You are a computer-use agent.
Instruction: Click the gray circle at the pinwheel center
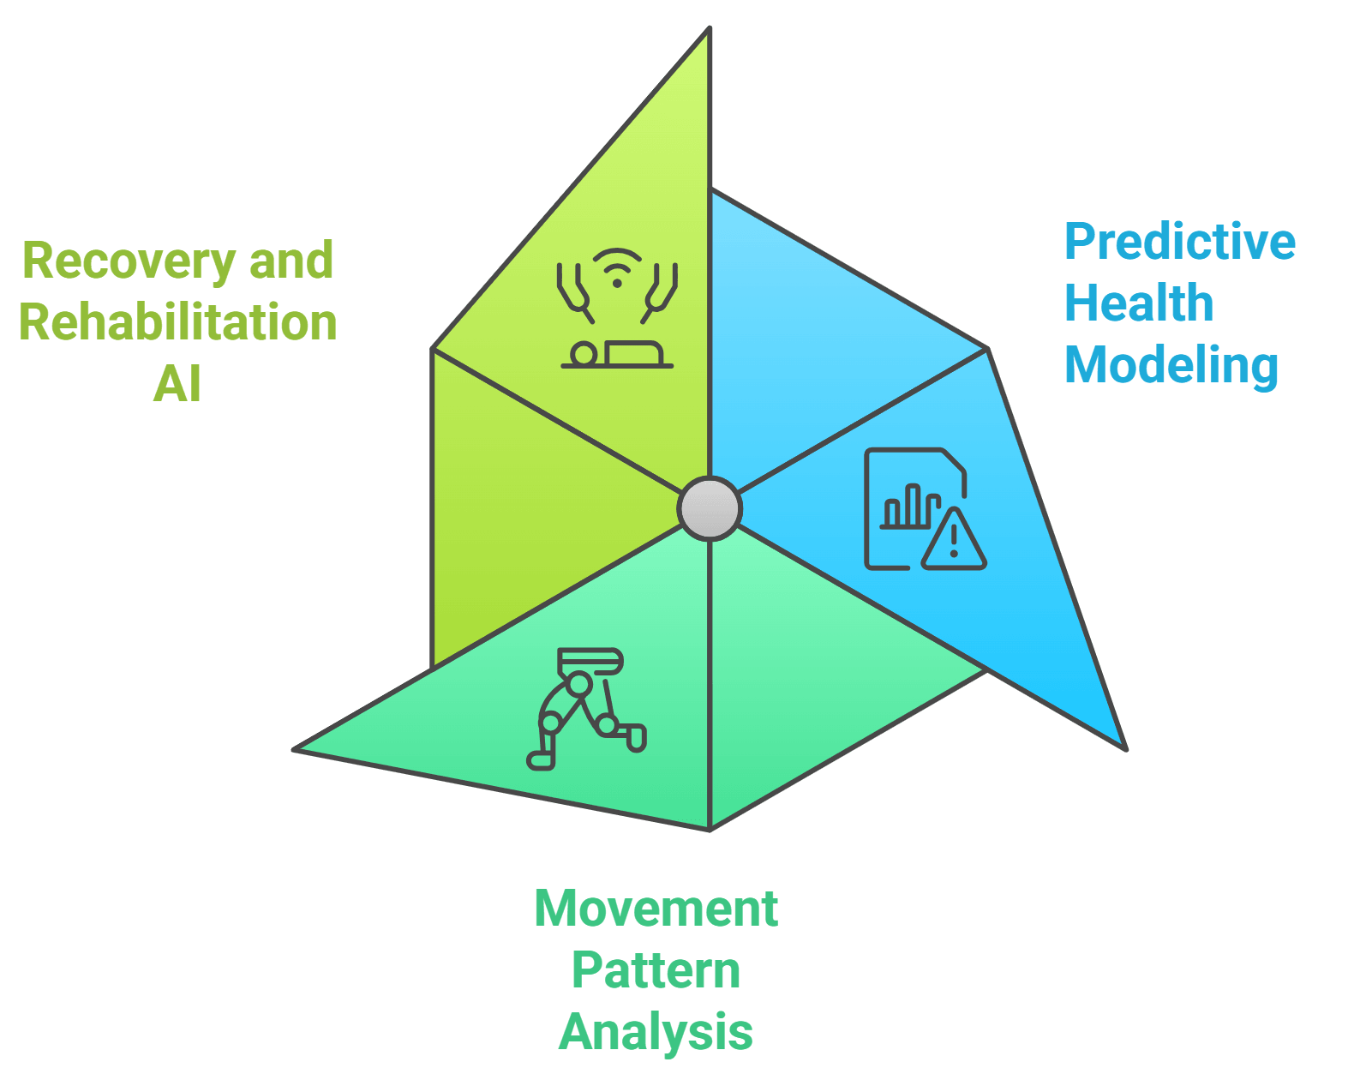click(x=710, y=508)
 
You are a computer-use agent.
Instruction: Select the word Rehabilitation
click(x=178, y=322)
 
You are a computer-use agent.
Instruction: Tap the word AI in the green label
click(x=177, y=384)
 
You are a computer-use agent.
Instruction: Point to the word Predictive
click(x=1180, y=242)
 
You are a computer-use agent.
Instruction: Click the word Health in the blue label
click(x=1139, y=303)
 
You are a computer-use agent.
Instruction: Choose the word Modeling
click(x=1171, y=365)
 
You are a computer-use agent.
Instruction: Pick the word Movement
click(x=656, y=909)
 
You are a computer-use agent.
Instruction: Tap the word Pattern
click(x=656, y=970)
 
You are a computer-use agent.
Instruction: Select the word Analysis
click(x=656, y=1032)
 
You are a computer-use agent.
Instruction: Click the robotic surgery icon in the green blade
click(x=617, y=309)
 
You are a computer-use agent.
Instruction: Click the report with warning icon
click(x=924, y=509)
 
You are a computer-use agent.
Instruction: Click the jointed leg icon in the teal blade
click(x=586, y=708)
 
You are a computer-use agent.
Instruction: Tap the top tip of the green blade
click(x=709, y=31)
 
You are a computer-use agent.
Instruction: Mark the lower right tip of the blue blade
click(x=1123, y=747)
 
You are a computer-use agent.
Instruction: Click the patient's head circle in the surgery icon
click(x=583, y=353)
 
